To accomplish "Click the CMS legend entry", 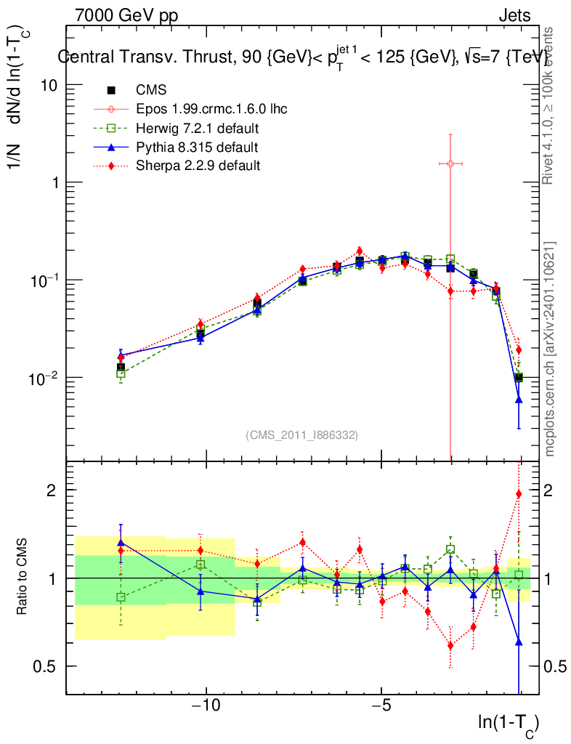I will [x=151, y=90].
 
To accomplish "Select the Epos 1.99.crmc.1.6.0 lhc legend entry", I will [x=211, y=109].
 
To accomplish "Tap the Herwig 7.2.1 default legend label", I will [x=198, y=129].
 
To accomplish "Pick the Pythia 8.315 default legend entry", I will [x=197, y=147].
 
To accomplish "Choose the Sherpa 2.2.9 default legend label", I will [x=198, y=166].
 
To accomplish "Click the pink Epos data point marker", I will [x=450, y=163].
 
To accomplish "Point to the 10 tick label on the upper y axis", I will [x=49, y=85].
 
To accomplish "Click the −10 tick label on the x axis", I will [x=206, y=707].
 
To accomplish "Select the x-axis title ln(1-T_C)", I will [x=508, y=724].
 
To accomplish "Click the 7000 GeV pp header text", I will [x=126, y=15].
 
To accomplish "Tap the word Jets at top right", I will [x=514, y=15].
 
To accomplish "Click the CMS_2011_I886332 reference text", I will [x=302, y=434].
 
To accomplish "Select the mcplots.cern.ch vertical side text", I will [x=551, y=349].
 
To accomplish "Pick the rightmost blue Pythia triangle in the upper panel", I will [x=519, y=400].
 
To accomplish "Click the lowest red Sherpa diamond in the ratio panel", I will [x=450, y=645].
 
